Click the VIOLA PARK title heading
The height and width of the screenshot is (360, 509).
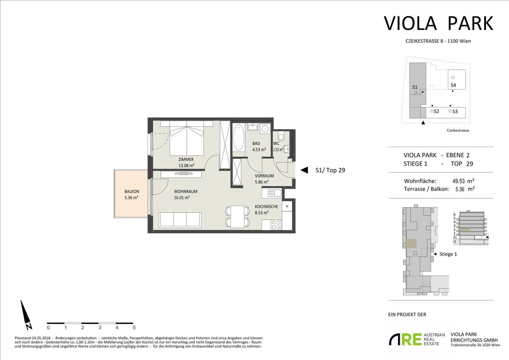(x=438, y=23)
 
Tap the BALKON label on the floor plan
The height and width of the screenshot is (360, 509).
(x=132, y=192)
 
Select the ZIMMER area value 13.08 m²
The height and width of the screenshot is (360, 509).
(x=186, y=166)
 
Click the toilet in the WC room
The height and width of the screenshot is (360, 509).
(x=281, y=136)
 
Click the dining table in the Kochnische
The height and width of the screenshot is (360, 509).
(x=237, y=217)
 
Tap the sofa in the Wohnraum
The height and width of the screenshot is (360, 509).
(x=180, y=220)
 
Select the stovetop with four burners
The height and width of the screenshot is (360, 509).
(x=276, y=225)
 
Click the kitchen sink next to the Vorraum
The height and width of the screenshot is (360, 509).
(x=272, y=193)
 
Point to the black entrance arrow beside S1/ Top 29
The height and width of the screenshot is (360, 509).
(x=304, y=170)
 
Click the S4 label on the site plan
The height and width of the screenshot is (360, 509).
(x=453, y=85)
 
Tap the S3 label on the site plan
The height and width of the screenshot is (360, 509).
(x=455, y=111)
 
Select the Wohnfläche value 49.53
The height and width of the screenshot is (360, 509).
(x=458, y=181)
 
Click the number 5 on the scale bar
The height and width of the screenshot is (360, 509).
(x=134, y=328)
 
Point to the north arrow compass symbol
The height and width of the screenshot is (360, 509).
(x=26, y=315)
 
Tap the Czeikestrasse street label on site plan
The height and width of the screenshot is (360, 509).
(x=458, y=130)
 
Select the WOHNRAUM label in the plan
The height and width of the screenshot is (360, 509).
(x=186, y=192)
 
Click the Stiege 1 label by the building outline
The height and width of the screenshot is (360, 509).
(x=448, y=254)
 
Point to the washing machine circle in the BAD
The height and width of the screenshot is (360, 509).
(x=265, y=129)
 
